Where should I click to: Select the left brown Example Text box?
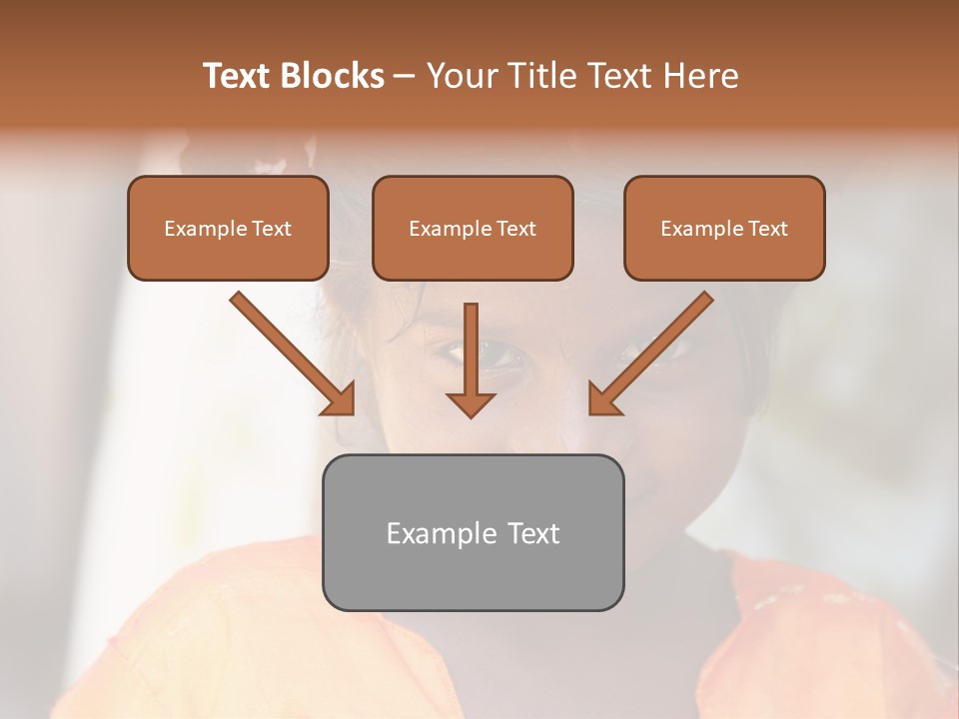[228, 229]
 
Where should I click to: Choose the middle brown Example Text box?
[473, 229]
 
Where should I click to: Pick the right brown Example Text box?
[724, 229]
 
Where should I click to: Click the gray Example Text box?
[473, 532]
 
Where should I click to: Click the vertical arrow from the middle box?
[471, 350]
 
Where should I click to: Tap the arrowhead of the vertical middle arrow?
[471, 403]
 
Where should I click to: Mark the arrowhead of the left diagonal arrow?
[340, 399]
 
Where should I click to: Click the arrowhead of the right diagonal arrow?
[603, 399]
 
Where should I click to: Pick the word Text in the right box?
[767, 229]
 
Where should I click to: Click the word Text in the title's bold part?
[238, 76]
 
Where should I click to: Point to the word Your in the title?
[461, 76]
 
